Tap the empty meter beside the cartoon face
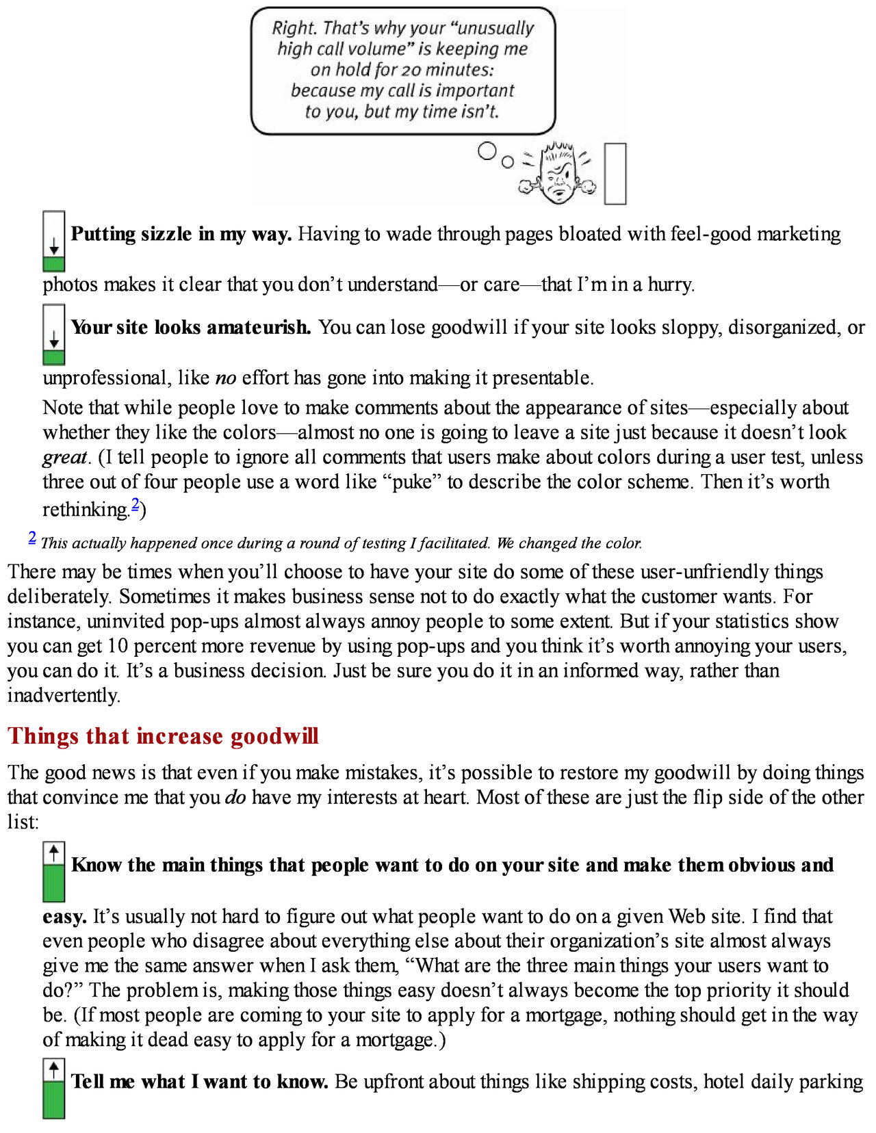[615, 173]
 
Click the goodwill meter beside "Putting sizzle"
[54, 242]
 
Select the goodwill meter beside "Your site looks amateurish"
[54, 335]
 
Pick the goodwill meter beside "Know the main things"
[54, 872]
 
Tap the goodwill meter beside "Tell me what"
[54, 1089]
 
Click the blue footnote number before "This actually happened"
[32, 538]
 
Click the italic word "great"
[65, 457]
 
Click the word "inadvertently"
[63, 695]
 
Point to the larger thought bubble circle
[487, 151]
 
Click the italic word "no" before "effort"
[225, 378]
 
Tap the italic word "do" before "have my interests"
[235, 797]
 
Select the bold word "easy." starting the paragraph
[64, 916]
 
